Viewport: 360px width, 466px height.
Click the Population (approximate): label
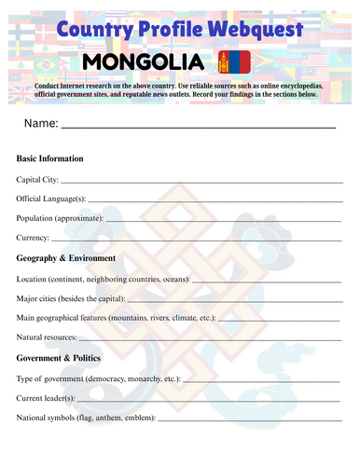(60, 218)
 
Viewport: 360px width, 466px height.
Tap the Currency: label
(34, 238)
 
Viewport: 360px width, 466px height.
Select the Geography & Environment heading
(66, 257)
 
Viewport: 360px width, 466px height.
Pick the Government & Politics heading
(64, 357)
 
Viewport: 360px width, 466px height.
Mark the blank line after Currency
(197, 240)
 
